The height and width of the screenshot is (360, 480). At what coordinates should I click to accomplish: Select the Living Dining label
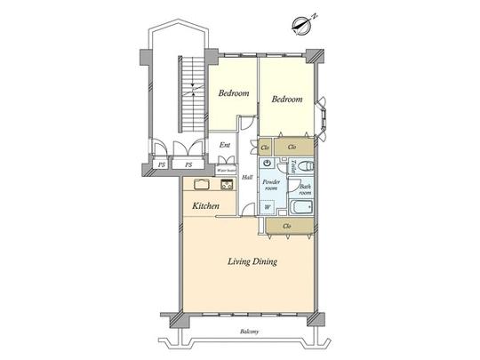[252, 262]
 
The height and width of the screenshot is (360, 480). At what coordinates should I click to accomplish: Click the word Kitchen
[206, 205]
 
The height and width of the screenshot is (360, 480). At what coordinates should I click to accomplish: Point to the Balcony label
[250, 332]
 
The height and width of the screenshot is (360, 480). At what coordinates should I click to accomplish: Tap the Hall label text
[247, 178]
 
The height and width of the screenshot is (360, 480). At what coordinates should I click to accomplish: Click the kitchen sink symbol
[199, 185]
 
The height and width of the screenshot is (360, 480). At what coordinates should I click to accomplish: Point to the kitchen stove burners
[226, 185]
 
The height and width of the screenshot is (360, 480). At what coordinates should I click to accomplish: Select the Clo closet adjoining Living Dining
[288, 227]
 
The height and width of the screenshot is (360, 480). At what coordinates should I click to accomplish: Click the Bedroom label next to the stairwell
[233, 93]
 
